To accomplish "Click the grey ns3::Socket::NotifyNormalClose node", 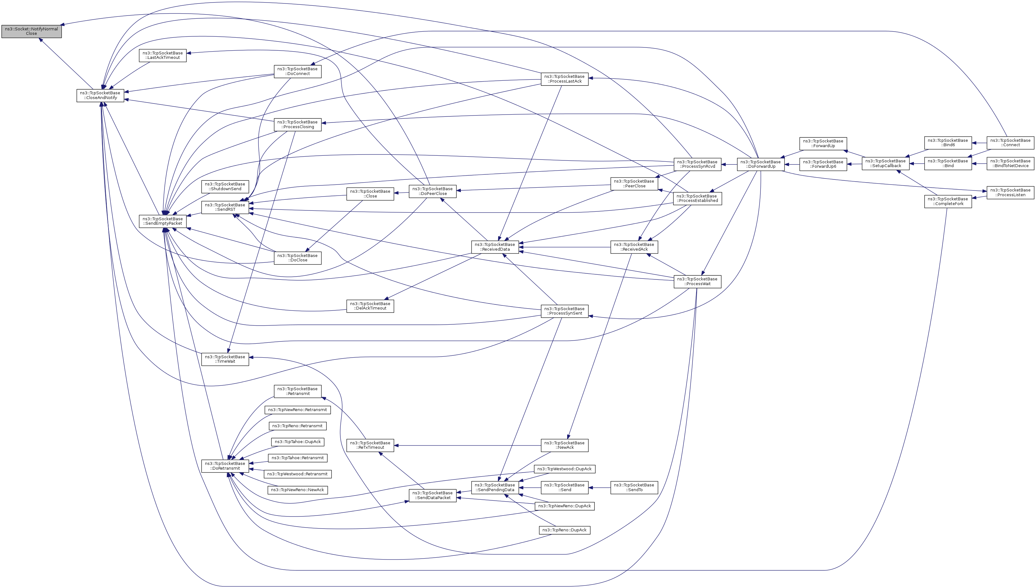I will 32,31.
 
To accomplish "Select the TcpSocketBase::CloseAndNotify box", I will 100,95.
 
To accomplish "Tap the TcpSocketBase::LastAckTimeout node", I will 163,55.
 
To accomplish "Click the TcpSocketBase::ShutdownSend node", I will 225,187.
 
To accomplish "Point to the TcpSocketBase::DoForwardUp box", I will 760,164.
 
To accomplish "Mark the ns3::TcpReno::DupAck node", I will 565,530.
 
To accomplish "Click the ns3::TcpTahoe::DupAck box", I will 298,442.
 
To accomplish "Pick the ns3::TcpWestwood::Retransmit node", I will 297,474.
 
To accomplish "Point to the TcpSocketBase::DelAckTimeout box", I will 370,306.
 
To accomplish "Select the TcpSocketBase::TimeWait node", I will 225,359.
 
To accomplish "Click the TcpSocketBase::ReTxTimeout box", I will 370,446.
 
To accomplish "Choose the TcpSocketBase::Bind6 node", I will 948,142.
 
